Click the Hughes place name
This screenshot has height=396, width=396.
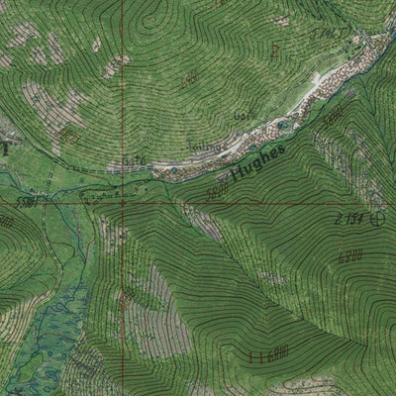255,163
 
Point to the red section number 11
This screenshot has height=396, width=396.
259,354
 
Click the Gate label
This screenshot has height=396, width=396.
134,160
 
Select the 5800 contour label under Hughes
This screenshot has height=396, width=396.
217,192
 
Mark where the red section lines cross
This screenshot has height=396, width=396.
122,205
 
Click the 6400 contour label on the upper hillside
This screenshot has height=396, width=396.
191,76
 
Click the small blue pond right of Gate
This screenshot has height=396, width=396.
175,170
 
